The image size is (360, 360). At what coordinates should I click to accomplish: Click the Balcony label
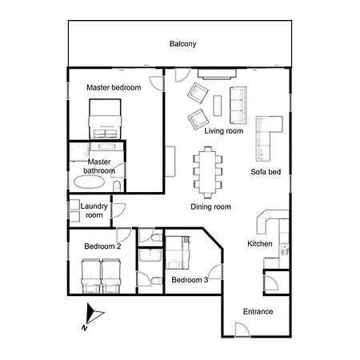pos(182,44)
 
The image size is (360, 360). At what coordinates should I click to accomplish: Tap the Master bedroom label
pos(114,87)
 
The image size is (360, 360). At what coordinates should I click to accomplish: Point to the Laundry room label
pos(94,210)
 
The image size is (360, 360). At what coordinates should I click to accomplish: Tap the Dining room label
pos(210,206)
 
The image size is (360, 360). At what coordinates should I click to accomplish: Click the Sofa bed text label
pos(266,172)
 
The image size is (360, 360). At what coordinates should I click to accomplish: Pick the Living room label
pos(223,130)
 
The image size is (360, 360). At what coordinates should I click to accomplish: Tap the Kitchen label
pos(260,244)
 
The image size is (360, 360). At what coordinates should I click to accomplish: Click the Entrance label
pos(258,312)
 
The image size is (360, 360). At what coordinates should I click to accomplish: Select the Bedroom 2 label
pos(102,246)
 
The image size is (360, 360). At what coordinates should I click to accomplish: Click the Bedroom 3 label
pos(190,279)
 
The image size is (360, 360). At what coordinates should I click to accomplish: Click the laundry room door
pos(118,210)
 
